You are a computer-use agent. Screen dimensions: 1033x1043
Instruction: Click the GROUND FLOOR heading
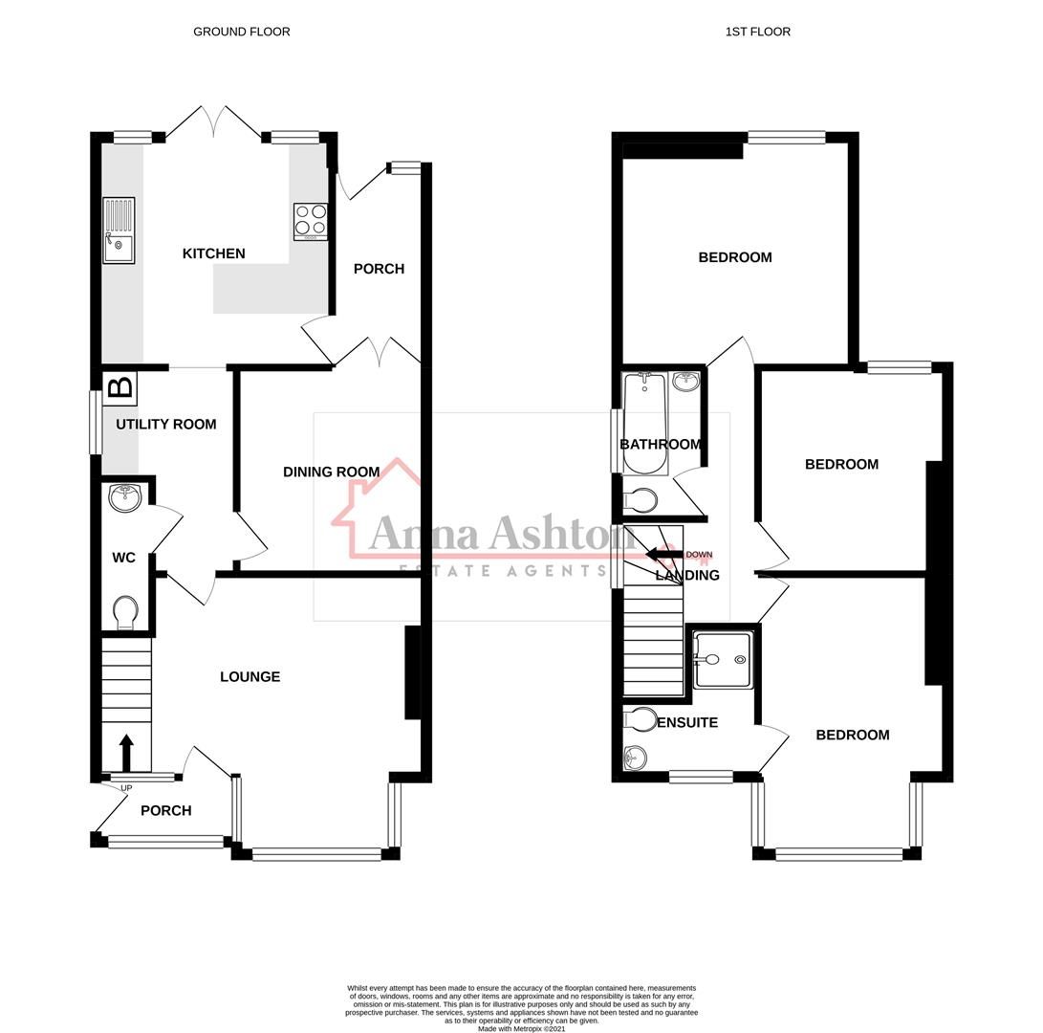(x=241, y=32)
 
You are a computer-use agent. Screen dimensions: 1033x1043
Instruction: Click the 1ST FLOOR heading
(x=757, y=32)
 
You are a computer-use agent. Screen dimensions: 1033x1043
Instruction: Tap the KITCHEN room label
(x=213, y=253)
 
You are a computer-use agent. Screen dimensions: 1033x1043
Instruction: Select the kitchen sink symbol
(x=119, y=231)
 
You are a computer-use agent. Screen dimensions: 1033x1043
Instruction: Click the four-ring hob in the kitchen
(x=311, y=220)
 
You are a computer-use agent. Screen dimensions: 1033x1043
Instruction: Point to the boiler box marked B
(x=120, y=387)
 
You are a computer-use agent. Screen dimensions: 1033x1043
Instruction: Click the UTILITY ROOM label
(x=166, y=424)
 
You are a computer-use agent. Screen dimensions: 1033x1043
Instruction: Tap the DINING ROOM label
(x=331, y=472)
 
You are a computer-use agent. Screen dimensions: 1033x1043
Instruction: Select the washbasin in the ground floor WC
(x=125, y=497)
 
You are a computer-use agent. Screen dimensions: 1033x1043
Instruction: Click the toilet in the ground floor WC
(x=125, y=612)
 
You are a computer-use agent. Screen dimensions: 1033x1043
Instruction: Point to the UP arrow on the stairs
(x=125, y=752)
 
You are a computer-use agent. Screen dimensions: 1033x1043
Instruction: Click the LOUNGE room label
(x=250, y=676)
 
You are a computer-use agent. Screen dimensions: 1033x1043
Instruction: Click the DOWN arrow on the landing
(x=665, y=555)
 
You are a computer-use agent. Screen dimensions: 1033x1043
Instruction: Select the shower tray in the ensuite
(x=723, y=659)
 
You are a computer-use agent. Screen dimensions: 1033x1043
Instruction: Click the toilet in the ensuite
(x=640, y=719)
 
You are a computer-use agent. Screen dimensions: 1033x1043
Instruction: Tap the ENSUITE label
(x=686, y=722)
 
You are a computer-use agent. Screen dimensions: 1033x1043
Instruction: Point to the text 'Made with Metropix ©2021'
(x=521, y=1029)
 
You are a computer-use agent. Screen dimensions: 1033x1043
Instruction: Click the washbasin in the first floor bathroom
(x=685, y=383)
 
